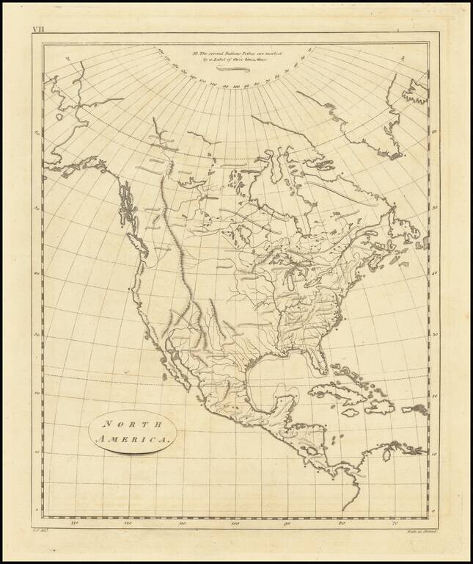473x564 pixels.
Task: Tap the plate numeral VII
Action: pos(37,29)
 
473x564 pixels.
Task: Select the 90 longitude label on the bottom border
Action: pos(288,524)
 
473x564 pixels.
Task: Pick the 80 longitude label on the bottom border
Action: pos(342,524)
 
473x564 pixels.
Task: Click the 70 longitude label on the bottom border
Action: pos(395,524)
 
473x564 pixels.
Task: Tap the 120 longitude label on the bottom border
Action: pos(128,524)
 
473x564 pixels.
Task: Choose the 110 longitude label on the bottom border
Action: pos(183,524)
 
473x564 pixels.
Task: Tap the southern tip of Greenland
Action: pos(396,153)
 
